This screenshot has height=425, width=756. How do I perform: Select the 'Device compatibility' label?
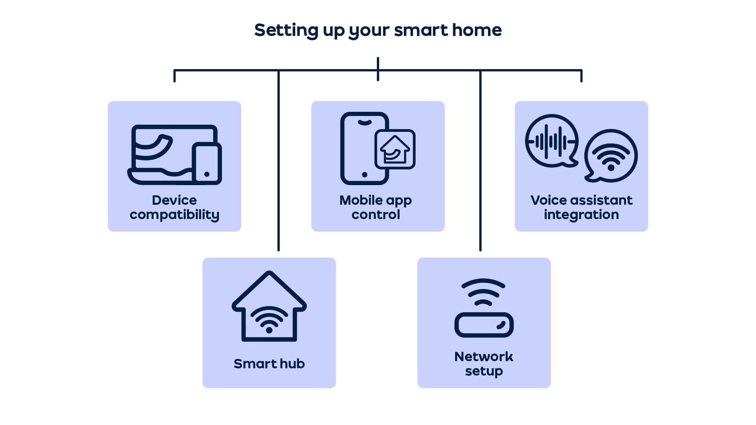coord(174,207)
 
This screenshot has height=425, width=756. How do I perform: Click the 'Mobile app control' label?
coord(376,207)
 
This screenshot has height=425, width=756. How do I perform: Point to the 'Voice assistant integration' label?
coord(581,207)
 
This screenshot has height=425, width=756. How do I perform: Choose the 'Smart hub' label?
coord(269,363)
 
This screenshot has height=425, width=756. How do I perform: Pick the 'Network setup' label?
coord(484,363)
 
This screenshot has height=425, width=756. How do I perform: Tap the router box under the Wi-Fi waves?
coord(484,325)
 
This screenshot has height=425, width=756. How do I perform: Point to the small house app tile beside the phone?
coord(395,149)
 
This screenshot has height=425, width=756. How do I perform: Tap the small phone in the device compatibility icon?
coord(207,164)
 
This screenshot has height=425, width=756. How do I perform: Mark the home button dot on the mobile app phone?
coord(365,175)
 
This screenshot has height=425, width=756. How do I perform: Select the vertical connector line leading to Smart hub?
coord(279,161)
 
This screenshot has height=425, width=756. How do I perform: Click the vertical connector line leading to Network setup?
coord(480,161)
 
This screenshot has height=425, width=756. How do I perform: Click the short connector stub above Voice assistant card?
coord(581,76)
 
